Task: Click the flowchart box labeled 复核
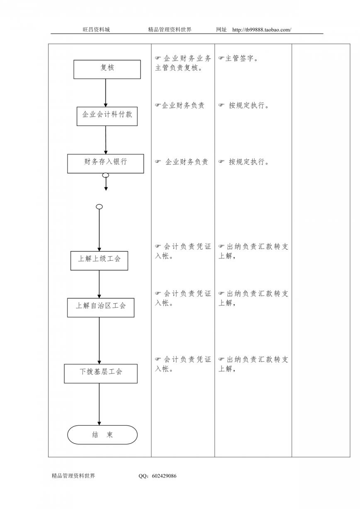107,69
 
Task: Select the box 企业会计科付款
107,116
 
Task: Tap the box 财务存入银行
105,164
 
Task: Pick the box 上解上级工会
99,261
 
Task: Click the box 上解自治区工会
100,308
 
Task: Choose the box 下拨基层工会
100,373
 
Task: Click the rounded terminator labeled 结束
102,435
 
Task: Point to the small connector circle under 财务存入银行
106,175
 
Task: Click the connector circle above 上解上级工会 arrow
99,206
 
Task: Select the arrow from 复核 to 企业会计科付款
105,93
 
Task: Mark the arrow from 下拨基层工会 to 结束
99,404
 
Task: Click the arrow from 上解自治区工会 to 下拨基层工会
99,341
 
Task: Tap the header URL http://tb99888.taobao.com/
262,30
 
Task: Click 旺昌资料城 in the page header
96,29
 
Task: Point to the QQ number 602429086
164,476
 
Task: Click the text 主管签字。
238,58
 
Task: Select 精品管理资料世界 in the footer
73,476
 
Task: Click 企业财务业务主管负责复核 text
183,63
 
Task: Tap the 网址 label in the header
221,29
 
